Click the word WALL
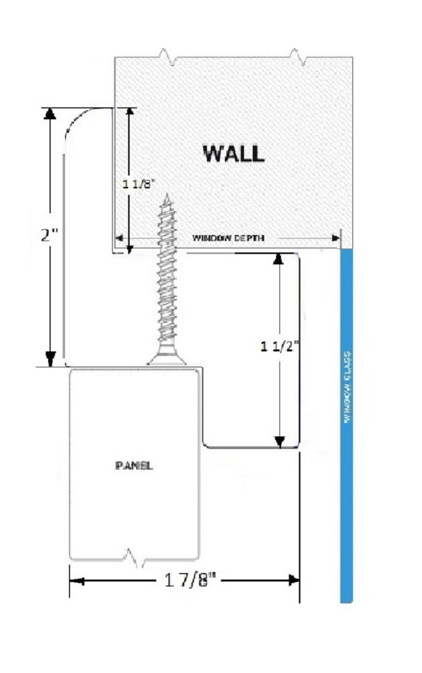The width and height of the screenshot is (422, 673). pyautogui.click(x=233, y=154)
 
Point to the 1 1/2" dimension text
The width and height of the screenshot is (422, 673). pyautogui.click(x=280, y=347)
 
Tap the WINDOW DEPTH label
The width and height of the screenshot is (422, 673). pyautogui.click(x=228, y=238)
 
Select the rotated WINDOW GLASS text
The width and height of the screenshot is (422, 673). pyautogui.click(x=347, y=387)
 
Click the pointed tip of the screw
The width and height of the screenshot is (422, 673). pyautogui.click(x=167, y=194)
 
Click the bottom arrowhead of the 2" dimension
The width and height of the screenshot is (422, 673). pyautogui.click(x=51, y=359)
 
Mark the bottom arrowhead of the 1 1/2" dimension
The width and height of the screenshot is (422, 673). pyautogui.click(x=280, y=442)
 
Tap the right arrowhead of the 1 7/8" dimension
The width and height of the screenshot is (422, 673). pyautogui.click(x=293, y=580)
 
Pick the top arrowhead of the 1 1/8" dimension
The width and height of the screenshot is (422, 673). pyautogui.click(x=130, y=111)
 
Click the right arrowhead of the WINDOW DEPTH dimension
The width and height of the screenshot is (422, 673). pyautogui.click(x=336, y=238)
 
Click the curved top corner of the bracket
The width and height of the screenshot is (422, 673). pyautogui.click(x=78, y=118)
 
